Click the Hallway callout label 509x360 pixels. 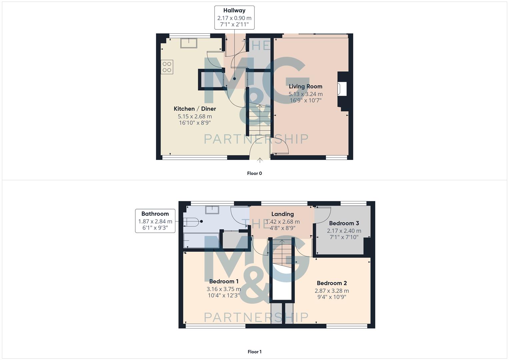234,17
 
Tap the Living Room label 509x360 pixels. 305,86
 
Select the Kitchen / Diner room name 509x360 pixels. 195,109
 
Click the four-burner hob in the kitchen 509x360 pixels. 167,67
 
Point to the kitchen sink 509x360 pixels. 189,43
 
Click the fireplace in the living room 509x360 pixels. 342,89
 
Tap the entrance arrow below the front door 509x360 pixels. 260,161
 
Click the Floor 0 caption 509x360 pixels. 254,173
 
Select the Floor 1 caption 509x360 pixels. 254,352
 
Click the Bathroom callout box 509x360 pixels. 155,221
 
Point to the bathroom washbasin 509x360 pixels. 212,210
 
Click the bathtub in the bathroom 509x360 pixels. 201,241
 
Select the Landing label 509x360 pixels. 282,214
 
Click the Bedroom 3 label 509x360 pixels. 344,223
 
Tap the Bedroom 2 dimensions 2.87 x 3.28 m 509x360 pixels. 332,291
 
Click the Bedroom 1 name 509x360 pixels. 224,281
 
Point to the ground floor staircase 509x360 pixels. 259,120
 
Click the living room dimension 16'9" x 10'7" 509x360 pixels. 305,100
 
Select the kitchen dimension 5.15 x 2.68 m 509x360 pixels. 195,116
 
